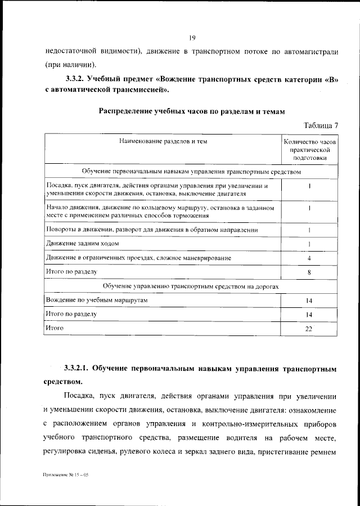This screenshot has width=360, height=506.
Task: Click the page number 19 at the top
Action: click(191, 38)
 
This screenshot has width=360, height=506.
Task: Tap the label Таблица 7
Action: click(321, 125)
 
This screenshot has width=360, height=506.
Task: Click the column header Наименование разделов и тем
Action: click(163, 142)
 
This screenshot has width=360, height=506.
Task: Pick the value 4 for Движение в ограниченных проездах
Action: click(309, 258)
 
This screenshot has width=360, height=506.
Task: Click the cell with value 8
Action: click(309, 272)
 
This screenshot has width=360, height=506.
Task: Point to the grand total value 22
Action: click(309, 329)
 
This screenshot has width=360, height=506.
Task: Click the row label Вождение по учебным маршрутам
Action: click(97, 301)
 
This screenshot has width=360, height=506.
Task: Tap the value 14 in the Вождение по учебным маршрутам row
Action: click(309, 301)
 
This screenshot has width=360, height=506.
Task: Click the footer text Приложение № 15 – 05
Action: click(66, 476)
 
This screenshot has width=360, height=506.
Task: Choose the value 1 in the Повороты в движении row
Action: click(309, 230)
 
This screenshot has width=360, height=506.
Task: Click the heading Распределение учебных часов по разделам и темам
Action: click(191, 111)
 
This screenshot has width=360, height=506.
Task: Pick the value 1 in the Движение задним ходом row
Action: click(309, 244)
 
